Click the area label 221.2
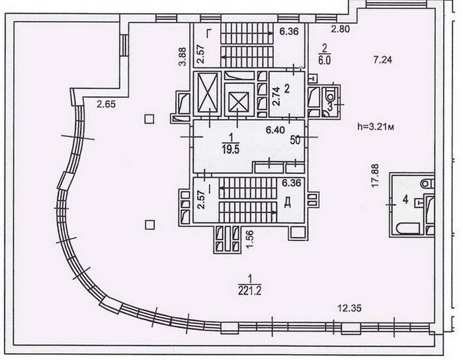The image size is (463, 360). tap(250, 291)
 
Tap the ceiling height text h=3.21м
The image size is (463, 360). tap(376, 126)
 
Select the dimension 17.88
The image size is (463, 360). tap(375, 175)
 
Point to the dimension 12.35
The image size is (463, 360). tap(349, 308)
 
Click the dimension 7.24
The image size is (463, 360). tap(382, 60)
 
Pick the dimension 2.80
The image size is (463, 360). tap(340, 29)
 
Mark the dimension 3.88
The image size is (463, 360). tap(183, 57)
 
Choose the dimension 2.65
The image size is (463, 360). tap(106, 105)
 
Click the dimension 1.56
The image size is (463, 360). tap(250, 240)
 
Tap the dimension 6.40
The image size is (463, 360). tap(275, 130)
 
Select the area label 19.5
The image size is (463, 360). tap(231, 150)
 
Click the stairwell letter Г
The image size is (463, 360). tap(209, 34)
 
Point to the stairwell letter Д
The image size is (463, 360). tap(287, 202)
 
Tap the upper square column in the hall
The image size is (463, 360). tap(149, 119)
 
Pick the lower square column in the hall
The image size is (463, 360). tap(150, 225)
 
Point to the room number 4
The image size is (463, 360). tap(405, 200)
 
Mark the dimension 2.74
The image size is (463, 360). tap(276, 97)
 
